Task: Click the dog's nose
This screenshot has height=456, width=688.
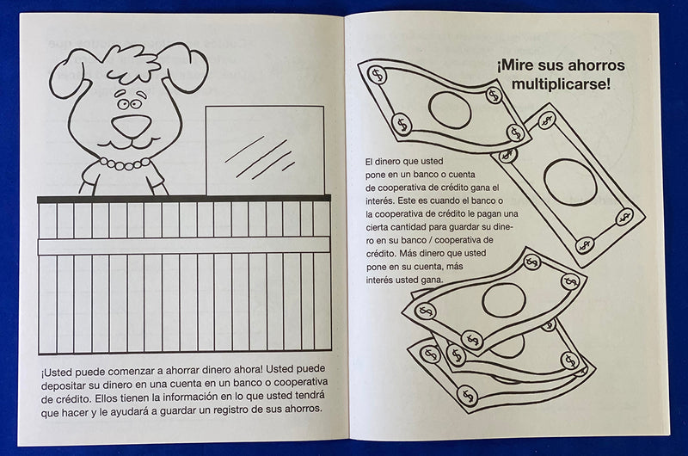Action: [131, 126]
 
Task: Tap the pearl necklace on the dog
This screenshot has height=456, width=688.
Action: [126, 162]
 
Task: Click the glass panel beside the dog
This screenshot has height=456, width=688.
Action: [265, 151]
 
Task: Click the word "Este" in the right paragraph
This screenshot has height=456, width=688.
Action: [407, 199]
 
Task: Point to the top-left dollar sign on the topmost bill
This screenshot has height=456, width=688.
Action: [376, 75]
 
